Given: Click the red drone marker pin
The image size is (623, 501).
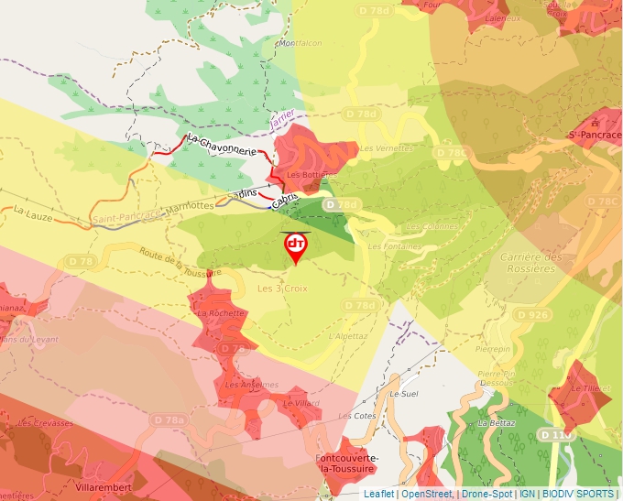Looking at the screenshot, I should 296,246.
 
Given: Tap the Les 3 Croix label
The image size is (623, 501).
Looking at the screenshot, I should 281,289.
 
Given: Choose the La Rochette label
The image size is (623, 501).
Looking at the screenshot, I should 221,313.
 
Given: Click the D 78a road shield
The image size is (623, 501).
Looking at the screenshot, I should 168,419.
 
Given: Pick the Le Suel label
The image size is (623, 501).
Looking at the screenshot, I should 402,394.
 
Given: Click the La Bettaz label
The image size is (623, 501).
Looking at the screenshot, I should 496,424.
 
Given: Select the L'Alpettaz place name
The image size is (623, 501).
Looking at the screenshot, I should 347,336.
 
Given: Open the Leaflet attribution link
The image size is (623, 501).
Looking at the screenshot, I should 378,494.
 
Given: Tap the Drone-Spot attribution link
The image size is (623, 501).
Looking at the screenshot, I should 486,494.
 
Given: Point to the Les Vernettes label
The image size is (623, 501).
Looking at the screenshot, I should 380,148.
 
